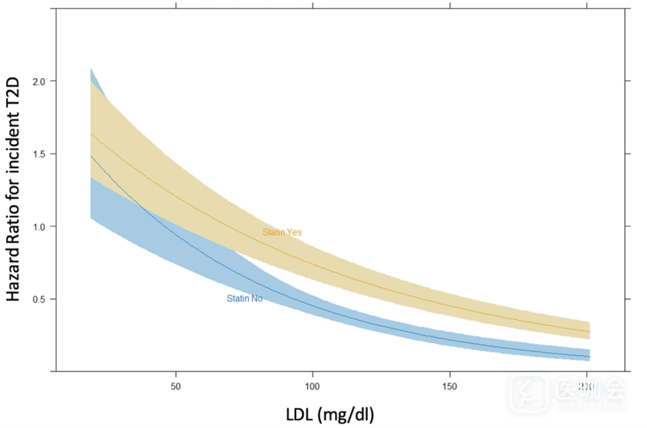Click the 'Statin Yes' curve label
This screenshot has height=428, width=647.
click(282, 232)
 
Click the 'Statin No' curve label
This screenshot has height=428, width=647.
click(244, 298)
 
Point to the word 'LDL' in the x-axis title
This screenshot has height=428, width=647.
click(298, 413)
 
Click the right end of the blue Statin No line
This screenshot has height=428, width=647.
click(589, 357)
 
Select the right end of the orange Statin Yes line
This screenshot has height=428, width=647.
click(589, 332)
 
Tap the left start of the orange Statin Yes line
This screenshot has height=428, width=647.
click(90, 135)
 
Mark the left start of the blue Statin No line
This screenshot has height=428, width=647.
click(90, 156)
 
